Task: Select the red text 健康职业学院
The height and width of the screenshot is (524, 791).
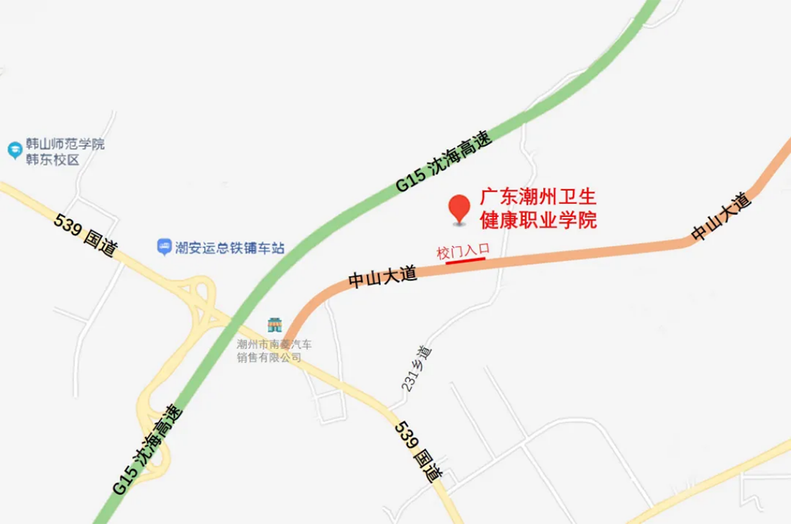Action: click(539, 220)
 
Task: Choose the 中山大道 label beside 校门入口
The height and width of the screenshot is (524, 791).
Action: click(383, 277)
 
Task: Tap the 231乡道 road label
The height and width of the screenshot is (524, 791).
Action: click(417, 368)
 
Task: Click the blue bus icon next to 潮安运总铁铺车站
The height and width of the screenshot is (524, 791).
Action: click(164, 248)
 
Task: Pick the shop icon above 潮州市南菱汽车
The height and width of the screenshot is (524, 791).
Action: click(274, 325)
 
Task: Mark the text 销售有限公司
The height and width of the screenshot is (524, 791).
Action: click(269, 358)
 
